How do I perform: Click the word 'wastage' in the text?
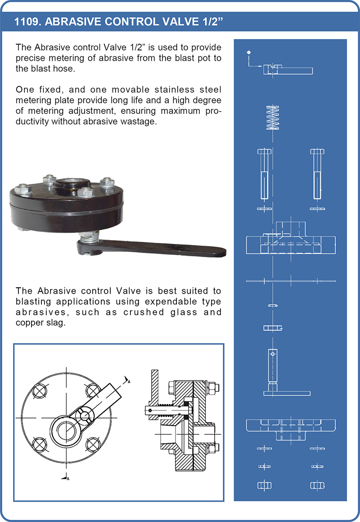pos(139,122)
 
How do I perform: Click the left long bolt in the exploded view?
pos(264,173)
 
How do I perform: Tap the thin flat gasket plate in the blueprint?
pos(291,281)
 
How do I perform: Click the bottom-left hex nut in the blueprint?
pos(264,486)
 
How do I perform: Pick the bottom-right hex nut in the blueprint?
pos(317,486)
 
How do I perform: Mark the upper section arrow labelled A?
pos(127,380)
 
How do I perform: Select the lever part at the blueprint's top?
pos(288,69)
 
